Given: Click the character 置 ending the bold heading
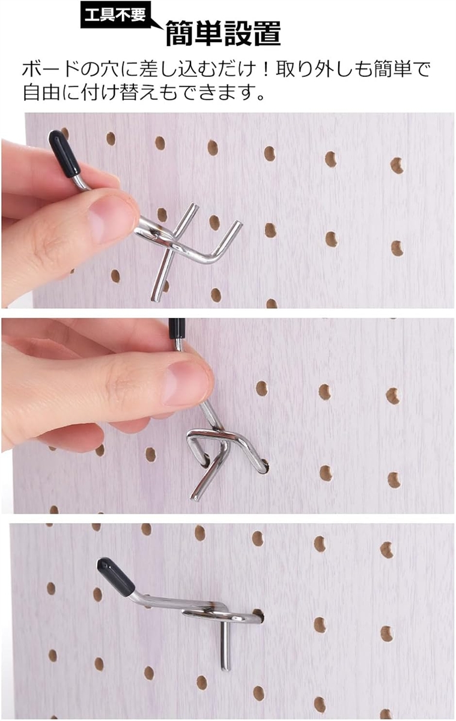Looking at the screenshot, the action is click(x=267, y=33).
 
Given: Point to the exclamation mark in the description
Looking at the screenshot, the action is click(x=265, y=70).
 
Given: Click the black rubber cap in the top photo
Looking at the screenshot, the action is click(x=65, y=154).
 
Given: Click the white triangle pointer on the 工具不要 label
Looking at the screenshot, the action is click(x=157, y=23).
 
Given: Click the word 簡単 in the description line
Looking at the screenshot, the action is click(x=393, y=69).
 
